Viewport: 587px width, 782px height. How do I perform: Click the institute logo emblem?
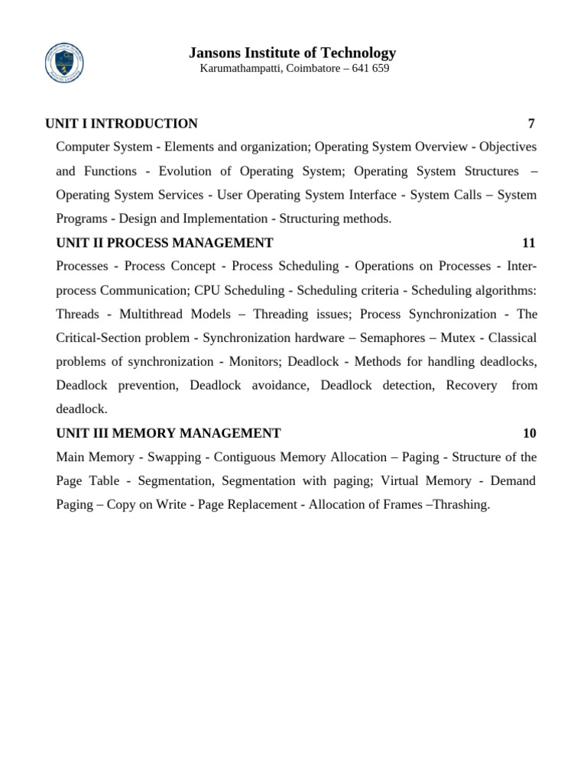click(65, 62)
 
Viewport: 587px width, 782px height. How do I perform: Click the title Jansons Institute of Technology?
click(292, 53)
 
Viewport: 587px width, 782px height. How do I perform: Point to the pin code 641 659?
click(371, 69)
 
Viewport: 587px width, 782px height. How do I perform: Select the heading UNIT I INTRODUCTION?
click(122, 124)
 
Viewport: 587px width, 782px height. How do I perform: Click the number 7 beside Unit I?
click(531, 124)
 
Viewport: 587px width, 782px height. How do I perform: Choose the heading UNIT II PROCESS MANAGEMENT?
click(164, 243)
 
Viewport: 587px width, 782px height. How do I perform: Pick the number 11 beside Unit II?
click(529, 243)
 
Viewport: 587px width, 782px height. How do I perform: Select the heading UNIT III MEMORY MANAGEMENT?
click(168, 433)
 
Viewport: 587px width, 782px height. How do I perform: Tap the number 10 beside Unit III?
click(530, 433)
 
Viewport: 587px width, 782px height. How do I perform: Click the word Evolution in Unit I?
click(183, 171)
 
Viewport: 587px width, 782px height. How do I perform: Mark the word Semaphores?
click(391, 338)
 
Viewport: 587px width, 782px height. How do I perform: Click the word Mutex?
click(459, 338)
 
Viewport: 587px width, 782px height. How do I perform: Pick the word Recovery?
click(472, 385)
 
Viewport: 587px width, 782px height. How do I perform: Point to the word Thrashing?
click(461, 505)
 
